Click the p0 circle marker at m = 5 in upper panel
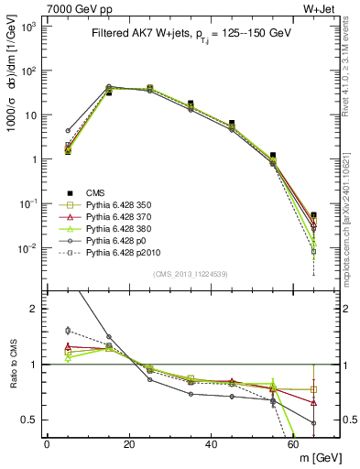tap(68, 131)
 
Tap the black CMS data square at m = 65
tap(314, 215)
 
